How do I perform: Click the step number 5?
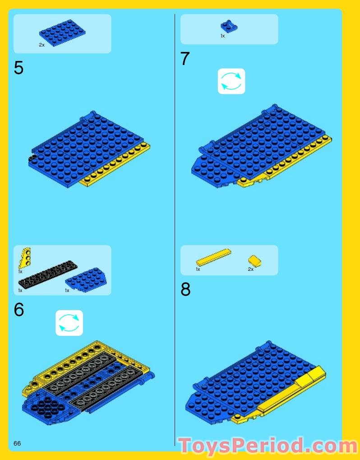pyautogui.click(x=18, y=68)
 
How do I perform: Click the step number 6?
pyautogui.click(x=18, y=310)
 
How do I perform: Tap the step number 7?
pyautogui.click(x=185, y=59)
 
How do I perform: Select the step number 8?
pyautogui.click(x=185, y=289)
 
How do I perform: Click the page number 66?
pyautogui.click(x=17, y=443)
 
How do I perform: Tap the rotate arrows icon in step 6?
pyautogui.click(x=69, y=323)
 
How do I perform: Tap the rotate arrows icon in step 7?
pyautogui.click(x=231, y=81)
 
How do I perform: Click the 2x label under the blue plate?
pyautogui.click(x=42, y=45)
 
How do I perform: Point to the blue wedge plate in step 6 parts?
pyautogui.click(x=87, y=280)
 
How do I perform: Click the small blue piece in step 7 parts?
pyautogui.click(x=229, y=26)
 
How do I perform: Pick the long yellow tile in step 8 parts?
pyautogui.click(x=213, y=257)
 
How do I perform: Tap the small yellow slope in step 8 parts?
pyautogui.click(x=255, y=261)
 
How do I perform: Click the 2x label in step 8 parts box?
pyautogui.click(x=250, y=269)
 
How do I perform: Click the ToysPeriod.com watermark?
pyautogui.click(x=268, y=446)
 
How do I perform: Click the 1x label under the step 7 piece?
pyautogui.click(x=222, y=36)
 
